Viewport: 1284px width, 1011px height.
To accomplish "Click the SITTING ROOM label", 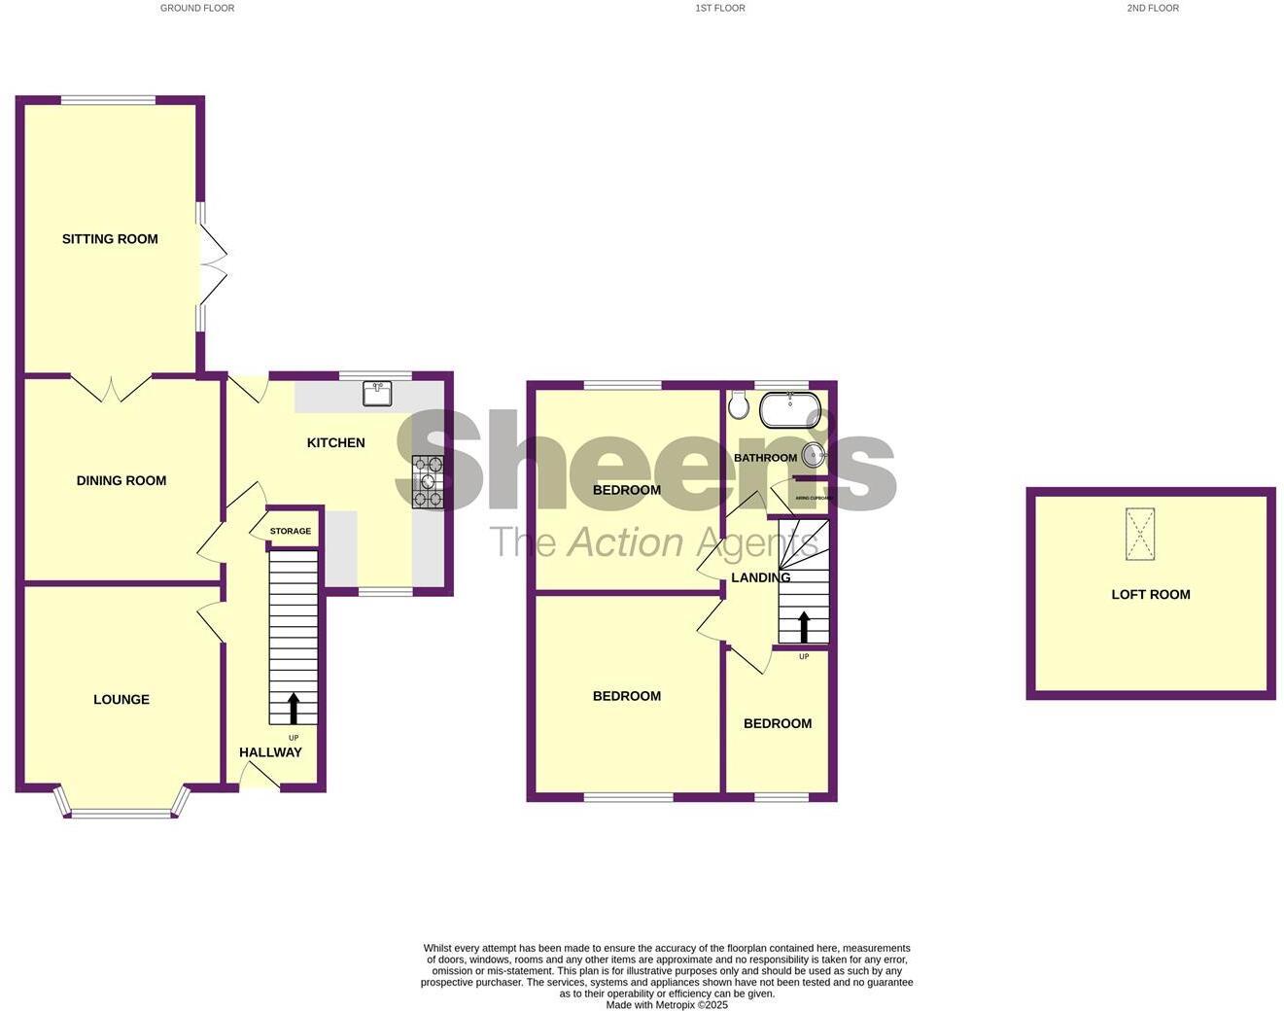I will click(x=110, y=239).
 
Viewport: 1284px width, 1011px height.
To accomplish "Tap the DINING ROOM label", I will click(x=121, y=480).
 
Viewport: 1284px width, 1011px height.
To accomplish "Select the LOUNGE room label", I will click(x=121, y=699).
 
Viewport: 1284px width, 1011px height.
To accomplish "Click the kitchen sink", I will click(x=377, y=393).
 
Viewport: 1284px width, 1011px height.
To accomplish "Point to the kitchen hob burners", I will click(x=428, y=481).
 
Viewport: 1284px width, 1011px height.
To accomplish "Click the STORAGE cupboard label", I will click(x=291, y=531).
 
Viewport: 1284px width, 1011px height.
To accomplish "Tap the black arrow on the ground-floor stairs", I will click(x=294, y=708).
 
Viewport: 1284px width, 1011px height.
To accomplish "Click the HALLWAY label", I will click(x=270, y=752).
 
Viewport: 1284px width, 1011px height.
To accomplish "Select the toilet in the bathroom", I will click(x=739, y=404).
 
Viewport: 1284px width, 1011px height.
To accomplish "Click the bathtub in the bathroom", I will click(x=790, y=410).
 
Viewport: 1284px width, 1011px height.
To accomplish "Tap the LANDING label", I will click(x=760, y=577).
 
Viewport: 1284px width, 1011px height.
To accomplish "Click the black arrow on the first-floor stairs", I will click(x=804, y=626).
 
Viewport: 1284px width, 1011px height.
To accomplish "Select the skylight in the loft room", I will click(x=1140, y=534).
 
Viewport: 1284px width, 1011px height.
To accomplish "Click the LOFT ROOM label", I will click(x=1151, y=595).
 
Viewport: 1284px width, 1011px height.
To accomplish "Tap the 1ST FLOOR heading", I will click(x=720, y=8).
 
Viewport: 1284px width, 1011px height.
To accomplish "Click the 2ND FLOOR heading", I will click(x=1153, y=8).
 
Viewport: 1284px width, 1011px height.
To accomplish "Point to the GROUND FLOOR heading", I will click(x=197, y=8).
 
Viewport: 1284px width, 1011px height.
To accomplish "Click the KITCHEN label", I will click(x=336, y=443).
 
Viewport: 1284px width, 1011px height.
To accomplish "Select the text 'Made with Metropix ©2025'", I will click(x=667, y=1005).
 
